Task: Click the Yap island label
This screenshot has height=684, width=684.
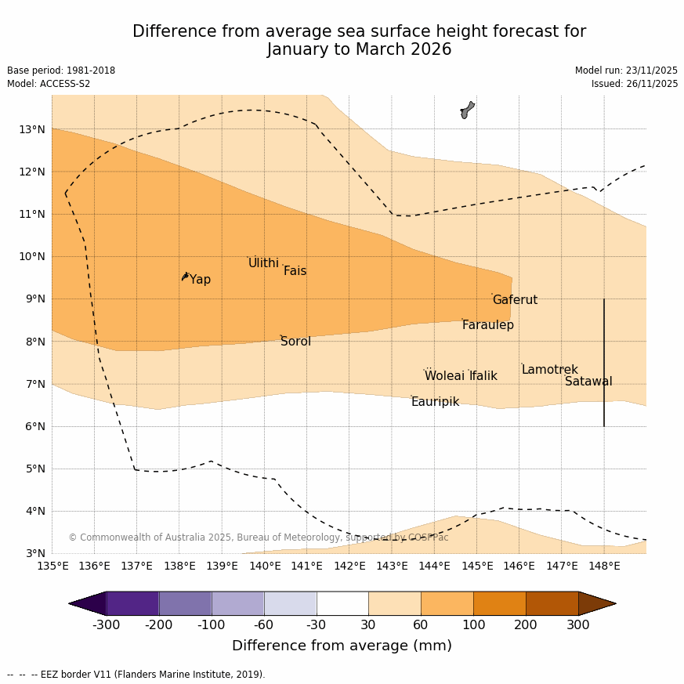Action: click(200, 280)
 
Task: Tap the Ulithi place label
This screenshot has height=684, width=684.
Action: click(263, 263)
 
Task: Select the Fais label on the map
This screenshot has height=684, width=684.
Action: click(295, 271)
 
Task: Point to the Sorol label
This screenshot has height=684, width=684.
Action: click(295, 342)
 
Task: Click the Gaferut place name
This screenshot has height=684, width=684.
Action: click(515, 300)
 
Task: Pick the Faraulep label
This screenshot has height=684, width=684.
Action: click(487, 325)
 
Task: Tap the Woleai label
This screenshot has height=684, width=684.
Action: click(444, 376)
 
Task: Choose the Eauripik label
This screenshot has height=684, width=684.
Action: click(435, 402)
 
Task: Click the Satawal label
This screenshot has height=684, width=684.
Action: click(588, 382)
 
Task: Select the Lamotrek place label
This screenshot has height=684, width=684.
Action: click(549, 370)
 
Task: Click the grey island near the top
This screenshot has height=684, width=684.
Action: click(467, 110)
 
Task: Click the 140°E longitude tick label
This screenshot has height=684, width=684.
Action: click(265, 566)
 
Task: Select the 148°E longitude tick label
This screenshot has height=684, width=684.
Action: click(604, 566)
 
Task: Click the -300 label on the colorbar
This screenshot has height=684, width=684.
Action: click(107, 624)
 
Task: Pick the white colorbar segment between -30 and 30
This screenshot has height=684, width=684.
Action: click(342, 603)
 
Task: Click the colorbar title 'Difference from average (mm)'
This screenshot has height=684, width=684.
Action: click(342, 646)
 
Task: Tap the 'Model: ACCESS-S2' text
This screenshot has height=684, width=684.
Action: click(49, 84)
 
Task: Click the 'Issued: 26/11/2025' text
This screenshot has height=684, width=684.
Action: click(634, 84)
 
